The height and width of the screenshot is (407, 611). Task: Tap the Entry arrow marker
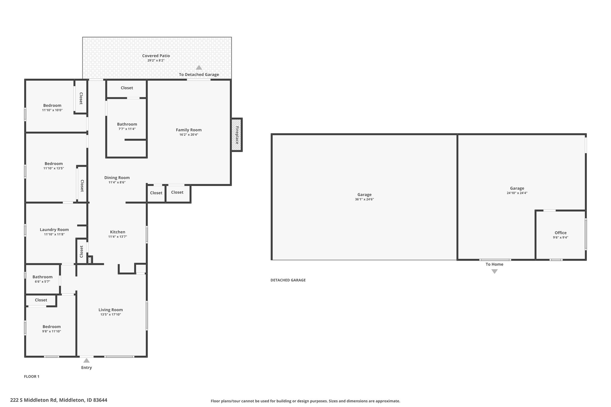point(87,360)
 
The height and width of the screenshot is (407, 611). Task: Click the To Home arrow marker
point(494,271)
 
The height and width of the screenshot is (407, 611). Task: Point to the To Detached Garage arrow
point(199,67)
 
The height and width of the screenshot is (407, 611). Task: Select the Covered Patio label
point(156,56)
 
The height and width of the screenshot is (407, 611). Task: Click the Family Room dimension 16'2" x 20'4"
point(189,135)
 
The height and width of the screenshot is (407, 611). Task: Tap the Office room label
point(561,233)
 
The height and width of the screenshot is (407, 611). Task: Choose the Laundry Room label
point(54,230)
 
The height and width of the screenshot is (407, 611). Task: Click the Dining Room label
point(117,178)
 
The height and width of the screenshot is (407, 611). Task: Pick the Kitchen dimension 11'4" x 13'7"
point(118,237)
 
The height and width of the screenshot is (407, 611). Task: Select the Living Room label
point(111,310)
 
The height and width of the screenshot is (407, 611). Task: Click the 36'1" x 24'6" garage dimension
point(364,199)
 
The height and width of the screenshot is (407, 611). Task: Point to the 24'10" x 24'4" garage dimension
point(517,193)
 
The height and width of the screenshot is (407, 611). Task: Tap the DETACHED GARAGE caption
point(288,280)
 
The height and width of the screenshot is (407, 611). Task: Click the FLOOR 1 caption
point(32,377)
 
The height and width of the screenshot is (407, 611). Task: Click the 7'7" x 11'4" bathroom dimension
point(127,129)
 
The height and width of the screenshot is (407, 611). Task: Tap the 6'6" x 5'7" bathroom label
point(42,282)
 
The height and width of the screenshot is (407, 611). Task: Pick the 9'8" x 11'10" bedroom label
point(52,332)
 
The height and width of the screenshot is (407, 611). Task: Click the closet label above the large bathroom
point(127,88)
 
